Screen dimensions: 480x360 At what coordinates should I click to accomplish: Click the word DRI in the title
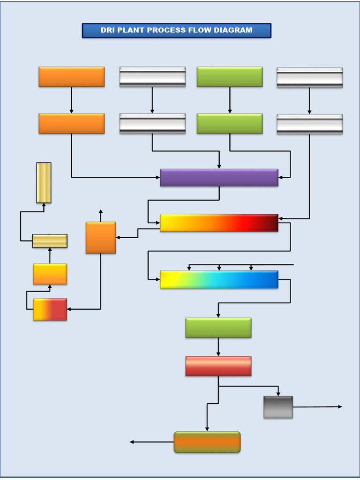(107, 30)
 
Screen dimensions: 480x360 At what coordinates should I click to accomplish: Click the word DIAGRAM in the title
(233, 30)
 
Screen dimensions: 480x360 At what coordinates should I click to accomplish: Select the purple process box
(219, 178)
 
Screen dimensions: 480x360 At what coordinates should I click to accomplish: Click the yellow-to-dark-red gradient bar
(219, 223)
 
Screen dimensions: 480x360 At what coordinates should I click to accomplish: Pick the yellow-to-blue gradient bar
(219, 279)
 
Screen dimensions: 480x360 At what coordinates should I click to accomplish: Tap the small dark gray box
(278, 407)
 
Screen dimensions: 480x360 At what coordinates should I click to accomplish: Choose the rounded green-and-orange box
(207, 442)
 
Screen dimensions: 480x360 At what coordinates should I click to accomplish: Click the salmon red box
(218, 366)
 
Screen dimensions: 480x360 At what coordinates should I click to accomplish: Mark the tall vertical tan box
(44, 183)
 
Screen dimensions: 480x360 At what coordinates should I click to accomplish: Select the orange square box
(101, 238)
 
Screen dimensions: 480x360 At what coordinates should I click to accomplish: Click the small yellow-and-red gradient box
(50, 309)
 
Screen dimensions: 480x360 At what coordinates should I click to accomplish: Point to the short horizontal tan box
(50, 241)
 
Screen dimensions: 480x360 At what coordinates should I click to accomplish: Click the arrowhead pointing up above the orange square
(101, 212)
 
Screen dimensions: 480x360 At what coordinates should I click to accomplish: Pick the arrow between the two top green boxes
(230, 100)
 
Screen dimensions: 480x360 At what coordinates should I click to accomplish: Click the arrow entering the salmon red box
(218, 347)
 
